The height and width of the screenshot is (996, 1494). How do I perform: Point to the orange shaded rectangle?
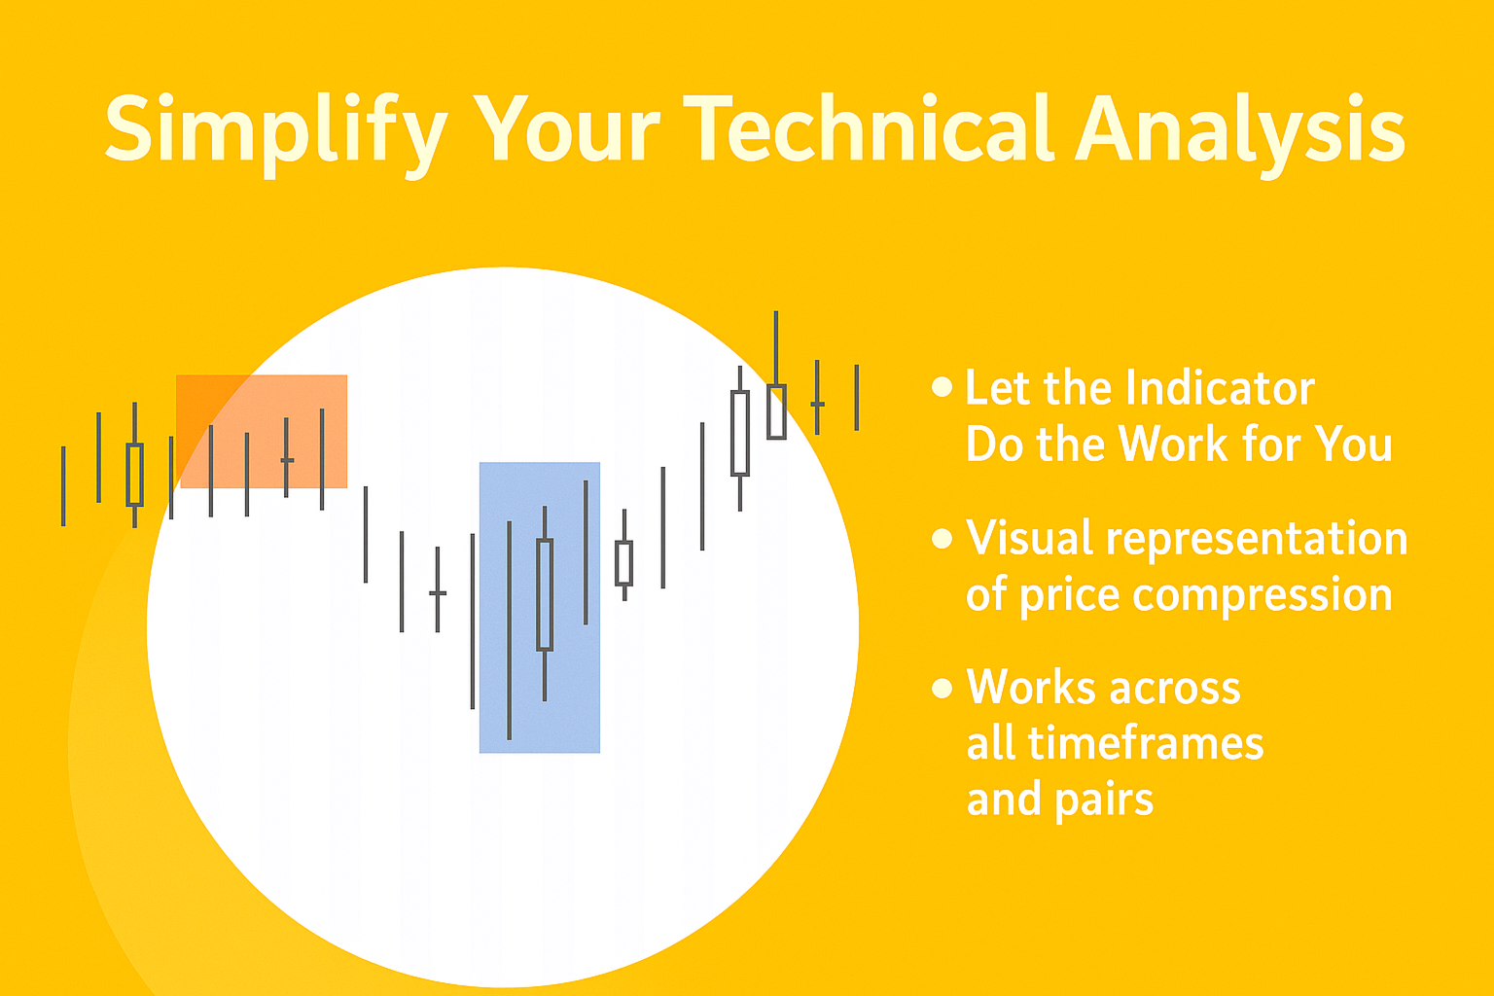pos(262,431)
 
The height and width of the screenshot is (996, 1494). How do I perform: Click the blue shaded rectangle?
pos(540,607)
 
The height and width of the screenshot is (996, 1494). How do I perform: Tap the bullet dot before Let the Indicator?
pos(942,387)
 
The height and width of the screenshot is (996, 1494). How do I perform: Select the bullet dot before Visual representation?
pos(942,538)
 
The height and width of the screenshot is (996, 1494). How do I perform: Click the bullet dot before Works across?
pos(942,688)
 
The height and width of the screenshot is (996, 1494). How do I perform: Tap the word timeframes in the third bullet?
pos(1146,744)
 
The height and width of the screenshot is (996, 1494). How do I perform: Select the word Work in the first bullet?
pos(1173,444)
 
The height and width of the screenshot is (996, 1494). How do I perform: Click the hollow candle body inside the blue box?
pos(545,594)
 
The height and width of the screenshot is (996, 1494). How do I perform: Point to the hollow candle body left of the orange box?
pos(135,475)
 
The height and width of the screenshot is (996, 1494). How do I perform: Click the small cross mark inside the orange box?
pos(287,460)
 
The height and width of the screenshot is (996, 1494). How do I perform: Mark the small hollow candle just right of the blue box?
pos(624,563)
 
